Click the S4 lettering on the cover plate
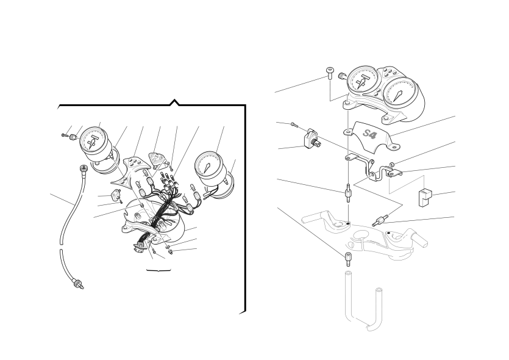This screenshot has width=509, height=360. pyautogui.click(x=369, y=134)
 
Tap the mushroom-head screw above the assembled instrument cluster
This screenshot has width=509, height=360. pyautogui.click(x=330, y=73)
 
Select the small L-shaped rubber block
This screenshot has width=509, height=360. pyautogui.click(x=425, y=198)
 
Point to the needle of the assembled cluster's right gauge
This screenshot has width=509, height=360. pyautogui.click(x=399, y=96)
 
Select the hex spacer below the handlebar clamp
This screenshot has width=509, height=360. pyautogui.click(x=347, y=259)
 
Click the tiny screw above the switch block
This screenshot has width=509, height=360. pyautogui.click(x=294, y=124)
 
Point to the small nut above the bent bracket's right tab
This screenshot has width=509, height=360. pyautogui.click(x=392, y=164)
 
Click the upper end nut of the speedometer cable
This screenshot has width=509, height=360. pyautogui.click(x=84, y=169)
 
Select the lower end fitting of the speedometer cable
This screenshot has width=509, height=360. pyautogui.click(x=78, y=284)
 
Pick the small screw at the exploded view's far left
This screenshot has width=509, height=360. pyautogui.click(x=64, y=135)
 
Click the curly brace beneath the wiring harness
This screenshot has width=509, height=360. pyautogui.click(x=158, y=270)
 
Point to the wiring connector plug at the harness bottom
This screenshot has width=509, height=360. pyautogui.click(x=140, y=247)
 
